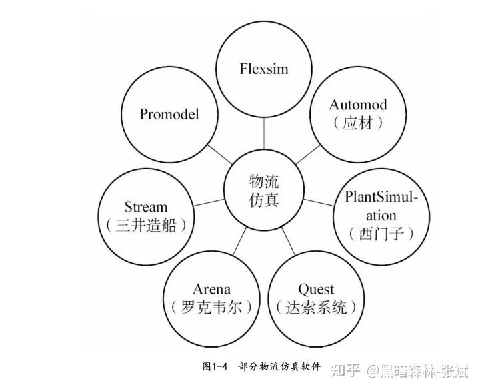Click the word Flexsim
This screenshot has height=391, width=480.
tap(265, 69)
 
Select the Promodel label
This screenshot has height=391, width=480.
tap(169, 114)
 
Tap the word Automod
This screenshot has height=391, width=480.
tap(358, 105)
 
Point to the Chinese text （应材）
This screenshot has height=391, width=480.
tap(358, 123)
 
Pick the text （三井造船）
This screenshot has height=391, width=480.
tap(146, 225)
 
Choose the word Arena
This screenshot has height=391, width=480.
tap(211, 289)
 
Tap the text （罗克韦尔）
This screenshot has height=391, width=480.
tap(211, 308)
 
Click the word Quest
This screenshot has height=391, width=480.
tap(316, 289)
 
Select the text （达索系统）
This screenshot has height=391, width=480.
tap(316, 308)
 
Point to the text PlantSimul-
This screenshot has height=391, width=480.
tap(381, 198)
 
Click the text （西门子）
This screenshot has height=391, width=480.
tap(381, 234)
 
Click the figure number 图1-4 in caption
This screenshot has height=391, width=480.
tap(215, 366)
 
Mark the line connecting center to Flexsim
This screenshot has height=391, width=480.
tap(265, 137)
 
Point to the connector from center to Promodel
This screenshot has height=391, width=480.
tap(219, 153)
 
